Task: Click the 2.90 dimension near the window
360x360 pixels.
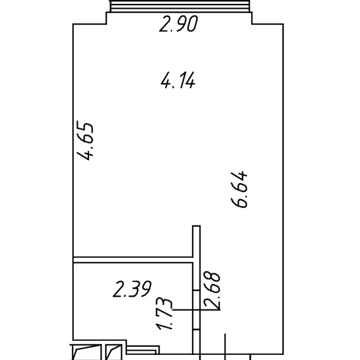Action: pos(179,23)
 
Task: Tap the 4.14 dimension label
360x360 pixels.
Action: pos(178,80)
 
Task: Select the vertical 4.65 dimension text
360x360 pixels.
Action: pos(85,141)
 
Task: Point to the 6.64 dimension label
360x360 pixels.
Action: pos(239,189)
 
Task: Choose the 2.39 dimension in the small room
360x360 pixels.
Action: pos(132,289)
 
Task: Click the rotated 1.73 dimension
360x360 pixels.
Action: pos(164,314)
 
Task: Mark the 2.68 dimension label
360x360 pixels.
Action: pos(212,290)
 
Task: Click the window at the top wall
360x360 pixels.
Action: pos(179,6)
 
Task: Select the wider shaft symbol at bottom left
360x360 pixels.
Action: pos(86,352)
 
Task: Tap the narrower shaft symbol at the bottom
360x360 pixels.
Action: pos(114,352)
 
